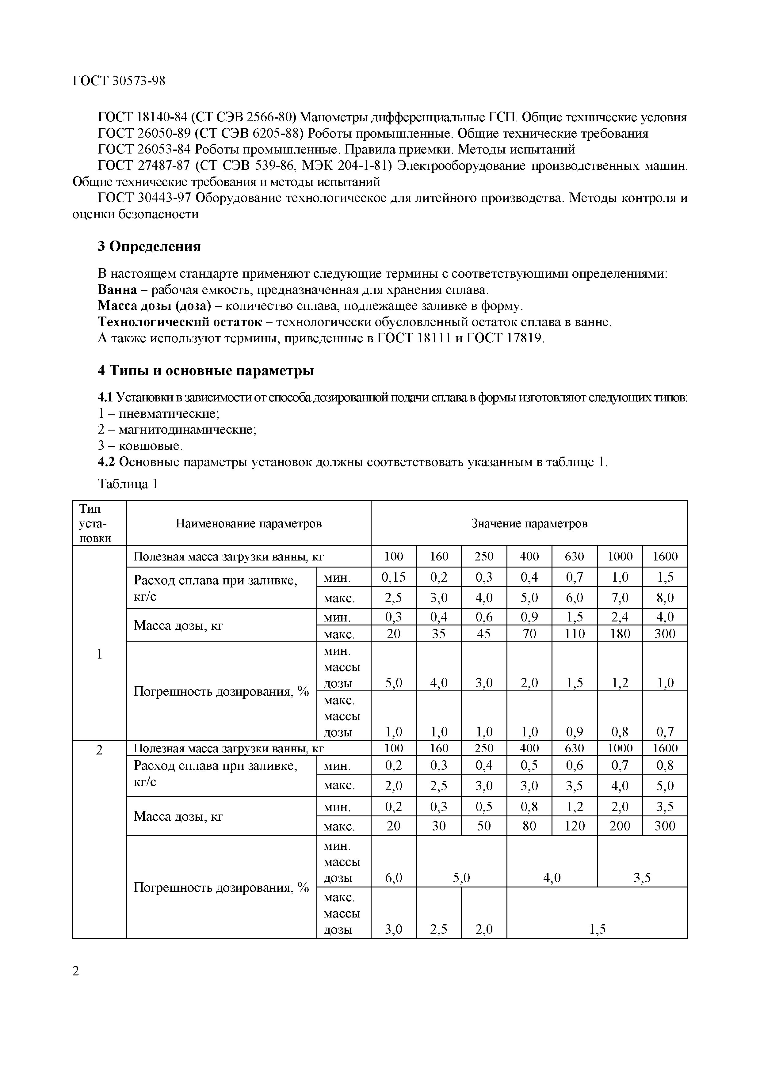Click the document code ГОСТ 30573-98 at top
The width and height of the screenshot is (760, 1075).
pos(119,81)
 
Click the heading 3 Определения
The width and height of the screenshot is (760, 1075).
pos(149,247)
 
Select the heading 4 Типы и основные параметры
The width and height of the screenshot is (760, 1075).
pos(206,371)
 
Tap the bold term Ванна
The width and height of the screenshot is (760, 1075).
pos(117,290)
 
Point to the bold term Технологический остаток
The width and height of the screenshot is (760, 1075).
pos(180,322)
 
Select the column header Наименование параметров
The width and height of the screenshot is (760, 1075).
pos(249,523)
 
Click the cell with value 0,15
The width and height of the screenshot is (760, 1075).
pos(393,578)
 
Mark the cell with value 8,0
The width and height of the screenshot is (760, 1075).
pos(665,598)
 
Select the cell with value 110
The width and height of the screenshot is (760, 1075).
pos(574,634)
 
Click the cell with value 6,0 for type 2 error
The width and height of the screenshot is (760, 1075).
pos(393,877)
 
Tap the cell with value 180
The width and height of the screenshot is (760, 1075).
pos(620,634)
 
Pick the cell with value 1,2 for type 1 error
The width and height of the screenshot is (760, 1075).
pos(620,683)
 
